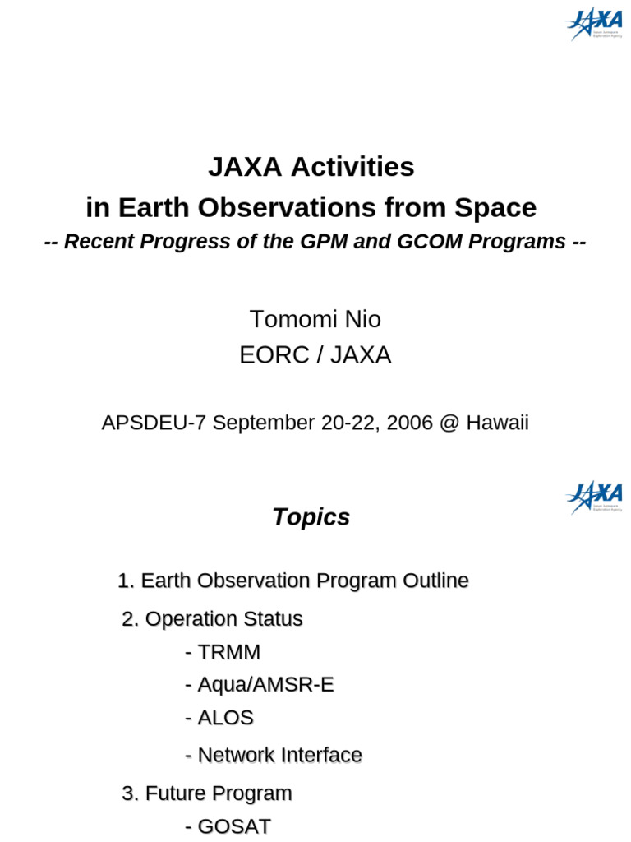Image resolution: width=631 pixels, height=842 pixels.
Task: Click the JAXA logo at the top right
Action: [x=594, y=25]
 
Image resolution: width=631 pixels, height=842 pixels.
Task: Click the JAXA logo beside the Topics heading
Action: [x=594, y=497]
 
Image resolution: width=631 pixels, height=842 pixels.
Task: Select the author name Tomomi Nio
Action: [x=315, y=319]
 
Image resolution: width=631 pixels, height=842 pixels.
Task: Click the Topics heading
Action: [x=311, y=517]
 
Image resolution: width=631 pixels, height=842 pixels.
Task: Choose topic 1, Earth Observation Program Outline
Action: [x=293, y=581]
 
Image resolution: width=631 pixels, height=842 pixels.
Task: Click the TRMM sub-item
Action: [x=223, y=652]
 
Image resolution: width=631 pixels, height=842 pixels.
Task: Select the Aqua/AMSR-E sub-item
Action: [x=260, y=685]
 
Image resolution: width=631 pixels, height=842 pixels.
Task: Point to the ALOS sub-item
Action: [x=219, y=718]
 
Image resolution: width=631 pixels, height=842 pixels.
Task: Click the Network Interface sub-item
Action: [x=274, y=755]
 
